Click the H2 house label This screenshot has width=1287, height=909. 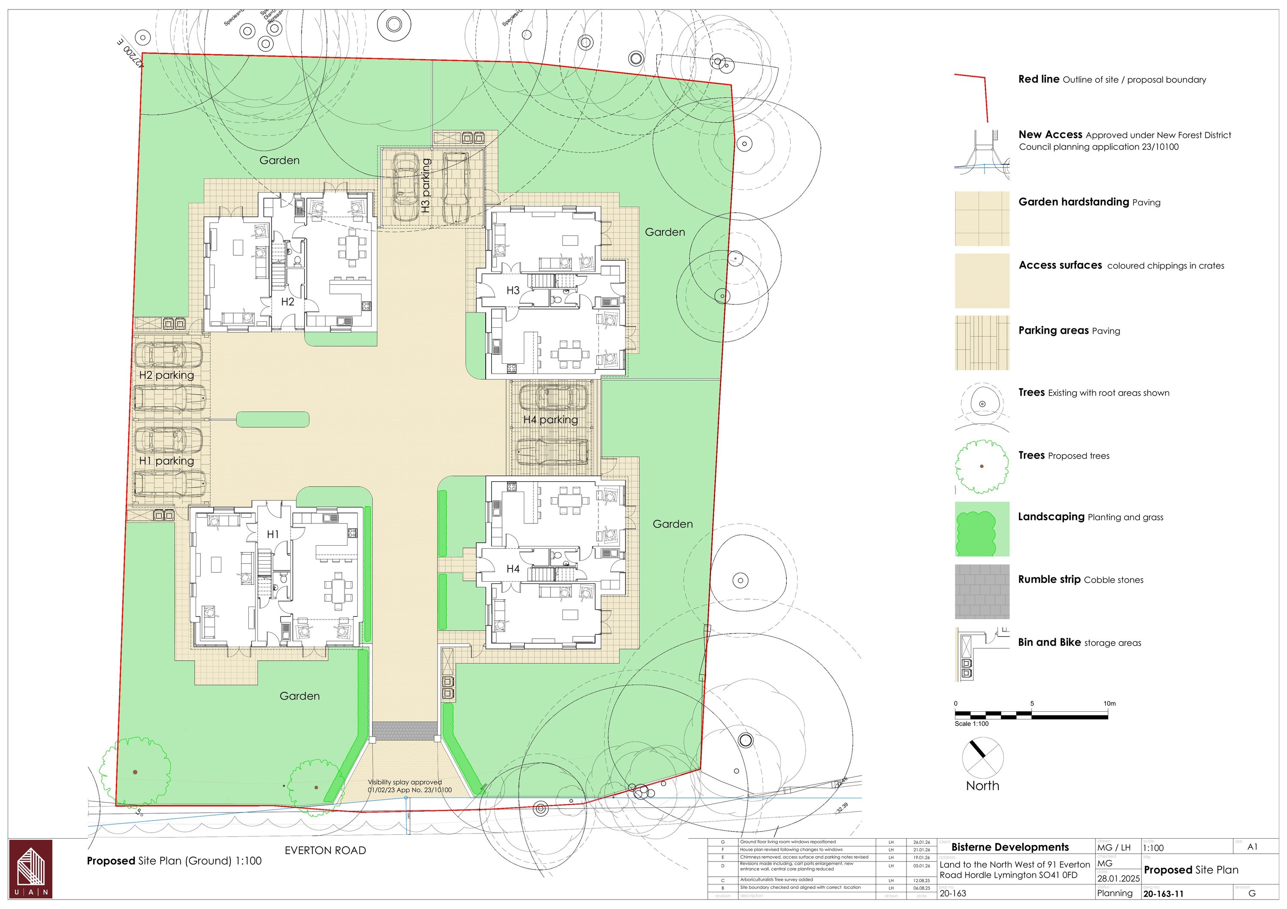click(x=287, y=302)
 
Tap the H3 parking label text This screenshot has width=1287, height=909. click(x=426, y=185)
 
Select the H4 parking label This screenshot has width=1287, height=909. click(x=550, y=420)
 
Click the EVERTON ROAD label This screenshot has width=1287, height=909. click(x=325, y=850)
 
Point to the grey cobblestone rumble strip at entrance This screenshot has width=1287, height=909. click(x=405, y=730)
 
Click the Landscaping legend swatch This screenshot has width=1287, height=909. click(x=982, y=528)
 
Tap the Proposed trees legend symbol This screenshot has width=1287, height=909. click(x=982, y=466)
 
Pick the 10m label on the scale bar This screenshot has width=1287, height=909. click(x=1109, y=704)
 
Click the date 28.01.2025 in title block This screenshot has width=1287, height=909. click(x=1118, y=878)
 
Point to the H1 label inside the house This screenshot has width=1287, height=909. click(x=273, y=535)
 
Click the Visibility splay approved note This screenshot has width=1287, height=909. click(x=409, y=786)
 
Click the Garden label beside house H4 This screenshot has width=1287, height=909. click(x=673, y=524)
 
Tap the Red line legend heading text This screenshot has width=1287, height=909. click(x=1039, y=79)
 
